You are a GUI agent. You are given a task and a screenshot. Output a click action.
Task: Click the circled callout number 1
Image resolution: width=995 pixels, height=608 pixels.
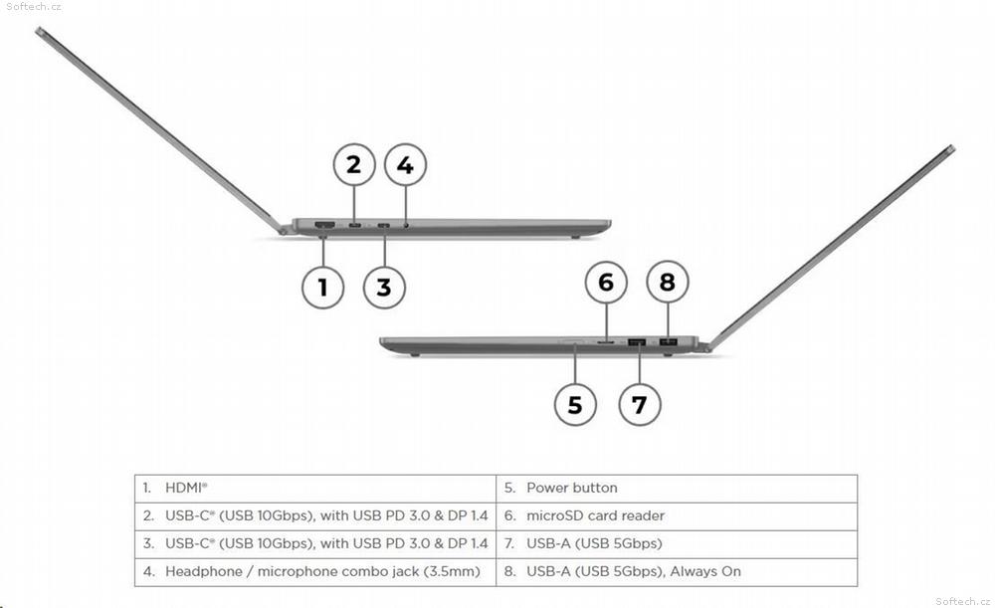click(323, 288)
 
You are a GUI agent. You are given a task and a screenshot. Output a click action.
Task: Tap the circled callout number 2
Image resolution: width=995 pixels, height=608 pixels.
click(354, 164)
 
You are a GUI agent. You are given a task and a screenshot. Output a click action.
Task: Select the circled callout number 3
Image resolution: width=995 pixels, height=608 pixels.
click(384, 288)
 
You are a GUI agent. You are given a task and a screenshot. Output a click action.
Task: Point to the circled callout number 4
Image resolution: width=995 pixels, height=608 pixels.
click(406, 165)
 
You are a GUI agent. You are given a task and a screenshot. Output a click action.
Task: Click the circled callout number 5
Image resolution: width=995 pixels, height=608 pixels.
click(575, 404)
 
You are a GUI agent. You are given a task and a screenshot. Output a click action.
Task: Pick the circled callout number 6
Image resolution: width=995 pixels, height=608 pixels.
click(606, 282)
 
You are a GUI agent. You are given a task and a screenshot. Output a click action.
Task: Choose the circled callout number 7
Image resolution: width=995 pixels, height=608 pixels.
click(640, 404)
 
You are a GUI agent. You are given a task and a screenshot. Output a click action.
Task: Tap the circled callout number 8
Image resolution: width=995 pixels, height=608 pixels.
click(668, 282)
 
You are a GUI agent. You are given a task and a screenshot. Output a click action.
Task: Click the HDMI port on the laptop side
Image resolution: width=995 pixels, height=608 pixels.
click(325, 225)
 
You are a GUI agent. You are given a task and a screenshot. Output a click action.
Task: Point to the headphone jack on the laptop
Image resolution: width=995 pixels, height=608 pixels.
click(406, 225)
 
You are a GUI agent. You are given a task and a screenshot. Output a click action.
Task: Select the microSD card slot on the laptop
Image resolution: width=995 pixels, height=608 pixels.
click(606, 342)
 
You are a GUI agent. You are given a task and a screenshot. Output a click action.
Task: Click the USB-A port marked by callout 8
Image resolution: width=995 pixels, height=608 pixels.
click(669, 342)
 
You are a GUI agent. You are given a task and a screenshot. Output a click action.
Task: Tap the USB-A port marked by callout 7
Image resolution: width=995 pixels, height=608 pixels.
click(637, 342)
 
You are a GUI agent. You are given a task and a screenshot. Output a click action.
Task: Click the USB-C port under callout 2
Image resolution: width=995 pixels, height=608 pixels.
click(355, 225)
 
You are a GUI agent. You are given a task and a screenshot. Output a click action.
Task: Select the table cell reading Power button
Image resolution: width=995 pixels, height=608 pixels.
click(677, 488)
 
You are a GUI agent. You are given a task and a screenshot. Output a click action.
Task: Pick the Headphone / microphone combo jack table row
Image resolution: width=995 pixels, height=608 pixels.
click(315, 572)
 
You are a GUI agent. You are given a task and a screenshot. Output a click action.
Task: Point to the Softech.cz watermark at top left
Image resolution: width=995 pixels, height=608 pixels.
click(34, 6)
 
